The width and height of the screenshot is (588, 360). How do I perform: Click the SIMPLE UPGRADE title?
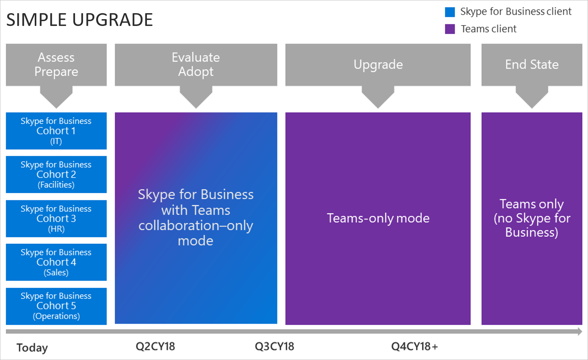click(x=79, y=20)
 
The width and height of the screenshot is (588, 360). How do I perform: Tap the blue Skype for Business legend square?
click(x=450, y=12)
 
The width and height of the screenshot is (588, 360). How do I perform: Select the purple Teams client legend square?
click(x=450, y=29)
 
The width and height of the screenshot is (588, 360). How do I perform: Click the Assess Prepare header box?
click(x=56, y=65)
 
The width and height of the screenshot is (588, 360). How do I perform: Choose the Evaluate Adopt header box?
click(x=196, y=65)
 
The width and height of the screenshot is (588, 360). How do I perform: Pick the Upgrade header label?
click(x=378, y=65)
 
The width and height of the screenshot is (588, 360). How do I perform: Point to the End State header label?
click(x=532, y=65)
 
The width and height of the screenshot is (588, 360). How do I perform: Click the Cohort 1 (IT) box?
click(x=56, y=131)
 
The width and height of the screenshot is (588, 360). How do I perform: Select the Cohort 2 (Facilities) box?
click(x=56, y=174)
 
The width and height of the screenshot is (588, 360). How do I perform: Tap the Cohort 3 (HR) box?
click(x=56, y=219)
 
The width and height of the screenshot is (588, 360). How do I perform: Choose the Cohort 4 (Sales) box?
click(x=56, y=262)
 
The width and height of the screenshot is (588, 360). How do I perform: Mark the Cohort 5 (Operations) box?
click(x=56, y=306)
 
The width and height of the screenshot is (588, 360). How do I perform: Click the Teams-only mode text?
click(x=378, y=218)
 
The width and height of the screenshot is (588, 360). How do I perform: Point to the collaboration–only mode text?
click(x=196, y=233)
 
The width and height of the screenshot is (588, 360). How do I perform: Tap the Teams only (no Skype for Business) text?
click(x=532, y=218)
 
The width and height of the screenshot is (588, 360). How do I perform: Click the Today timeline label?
click(x=32, y=348)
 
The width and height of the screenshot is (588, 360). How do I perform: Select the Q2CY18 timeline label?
click(x=155, y=346)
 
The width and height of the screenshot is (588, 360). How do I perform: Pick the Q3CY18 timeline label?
click(x=274, y=346)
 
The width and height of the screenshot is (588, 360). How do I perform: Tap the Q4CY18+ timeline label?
click(x=414, y=346)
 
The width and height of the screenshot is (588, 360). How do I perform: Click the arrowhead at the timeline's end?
click(x=580, y=331)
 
